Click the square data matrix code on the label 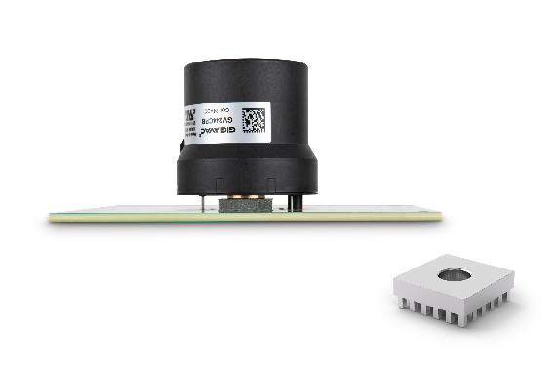(253, 120)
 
